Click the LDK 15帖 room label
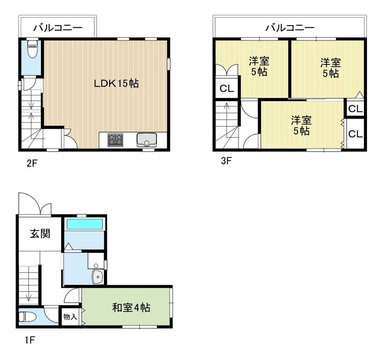point(116,83)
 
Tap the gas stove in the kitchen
point(115,140)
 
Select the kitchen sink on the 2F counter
point(146,140)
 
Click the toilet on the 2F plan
point(32,49)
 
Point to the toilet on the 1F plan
point(27,317)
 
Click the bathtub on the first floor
point(84,224)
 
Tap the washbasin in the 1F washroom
point(97,277)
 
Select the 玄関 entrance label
point(40,234)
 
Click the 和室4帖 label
point(131,308)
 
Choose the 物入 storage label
point(70,317)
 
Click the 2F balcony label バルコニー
point(58,27)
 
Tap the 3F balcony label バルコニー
point(290,27)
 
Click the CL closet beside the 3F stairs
point(227,89)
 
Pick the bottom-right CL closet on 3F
point(356,134)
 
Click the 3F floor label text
point(226,161)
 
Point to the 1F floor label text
point(30,340)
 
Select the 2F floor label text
point(32,163)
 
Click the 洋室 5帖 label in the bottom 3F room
point(301,125)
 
